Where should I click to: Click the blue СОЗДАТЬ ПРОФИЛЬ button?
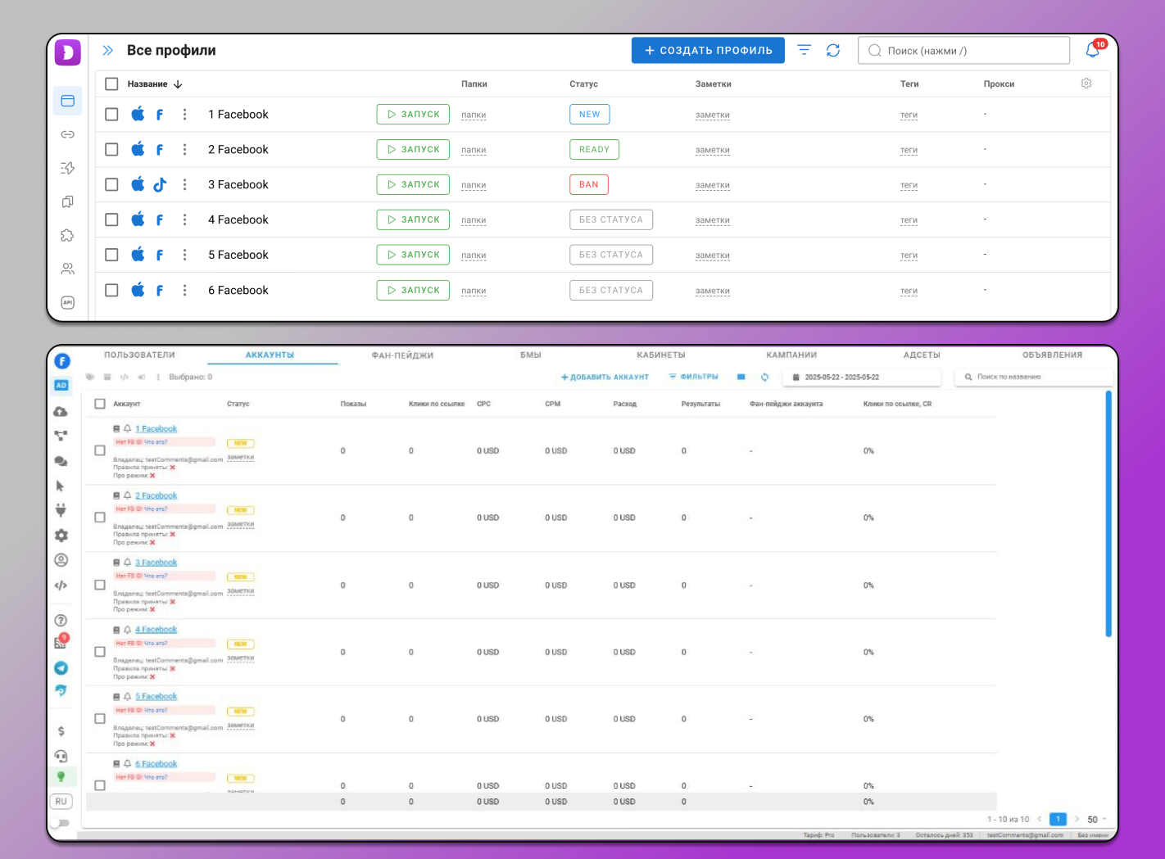[x=708, y=51]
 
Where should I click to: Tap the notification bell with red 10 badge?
[x=1092, y=51]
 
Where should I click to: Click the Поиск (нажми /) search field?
[x=963, y=51]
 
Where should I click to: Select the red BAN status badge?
[x=588, y=185]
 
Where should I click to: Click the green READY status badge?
[x=594, y=150]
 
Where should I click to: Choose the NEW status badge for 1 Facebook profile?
[x=589, y=115]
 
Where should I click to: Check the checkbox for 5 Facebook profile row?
[x=112, y=255]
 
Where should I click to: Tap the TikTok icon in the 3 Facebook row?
[x=160, y=185]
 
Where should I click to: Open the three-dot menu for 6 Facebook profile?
[x=185, y=290]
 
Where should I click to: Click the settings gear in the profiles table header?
[x=1086, y=84]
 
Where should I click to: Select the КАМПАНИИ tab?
[x=791, y=355]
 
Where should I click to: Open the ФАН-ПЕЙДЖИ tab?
[x=402, y=355]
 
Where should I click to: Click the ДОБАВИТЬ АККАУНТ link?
[x=605, y=378]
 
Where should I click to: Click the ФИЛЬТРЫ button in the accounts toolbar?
[x=694, y=377]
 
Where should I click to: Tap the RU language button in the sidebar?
[x=61, y=802]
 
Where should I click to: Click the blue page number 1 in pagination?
[x=1058, y=819]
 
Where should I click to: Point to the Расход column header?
[x=624, y=404]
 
